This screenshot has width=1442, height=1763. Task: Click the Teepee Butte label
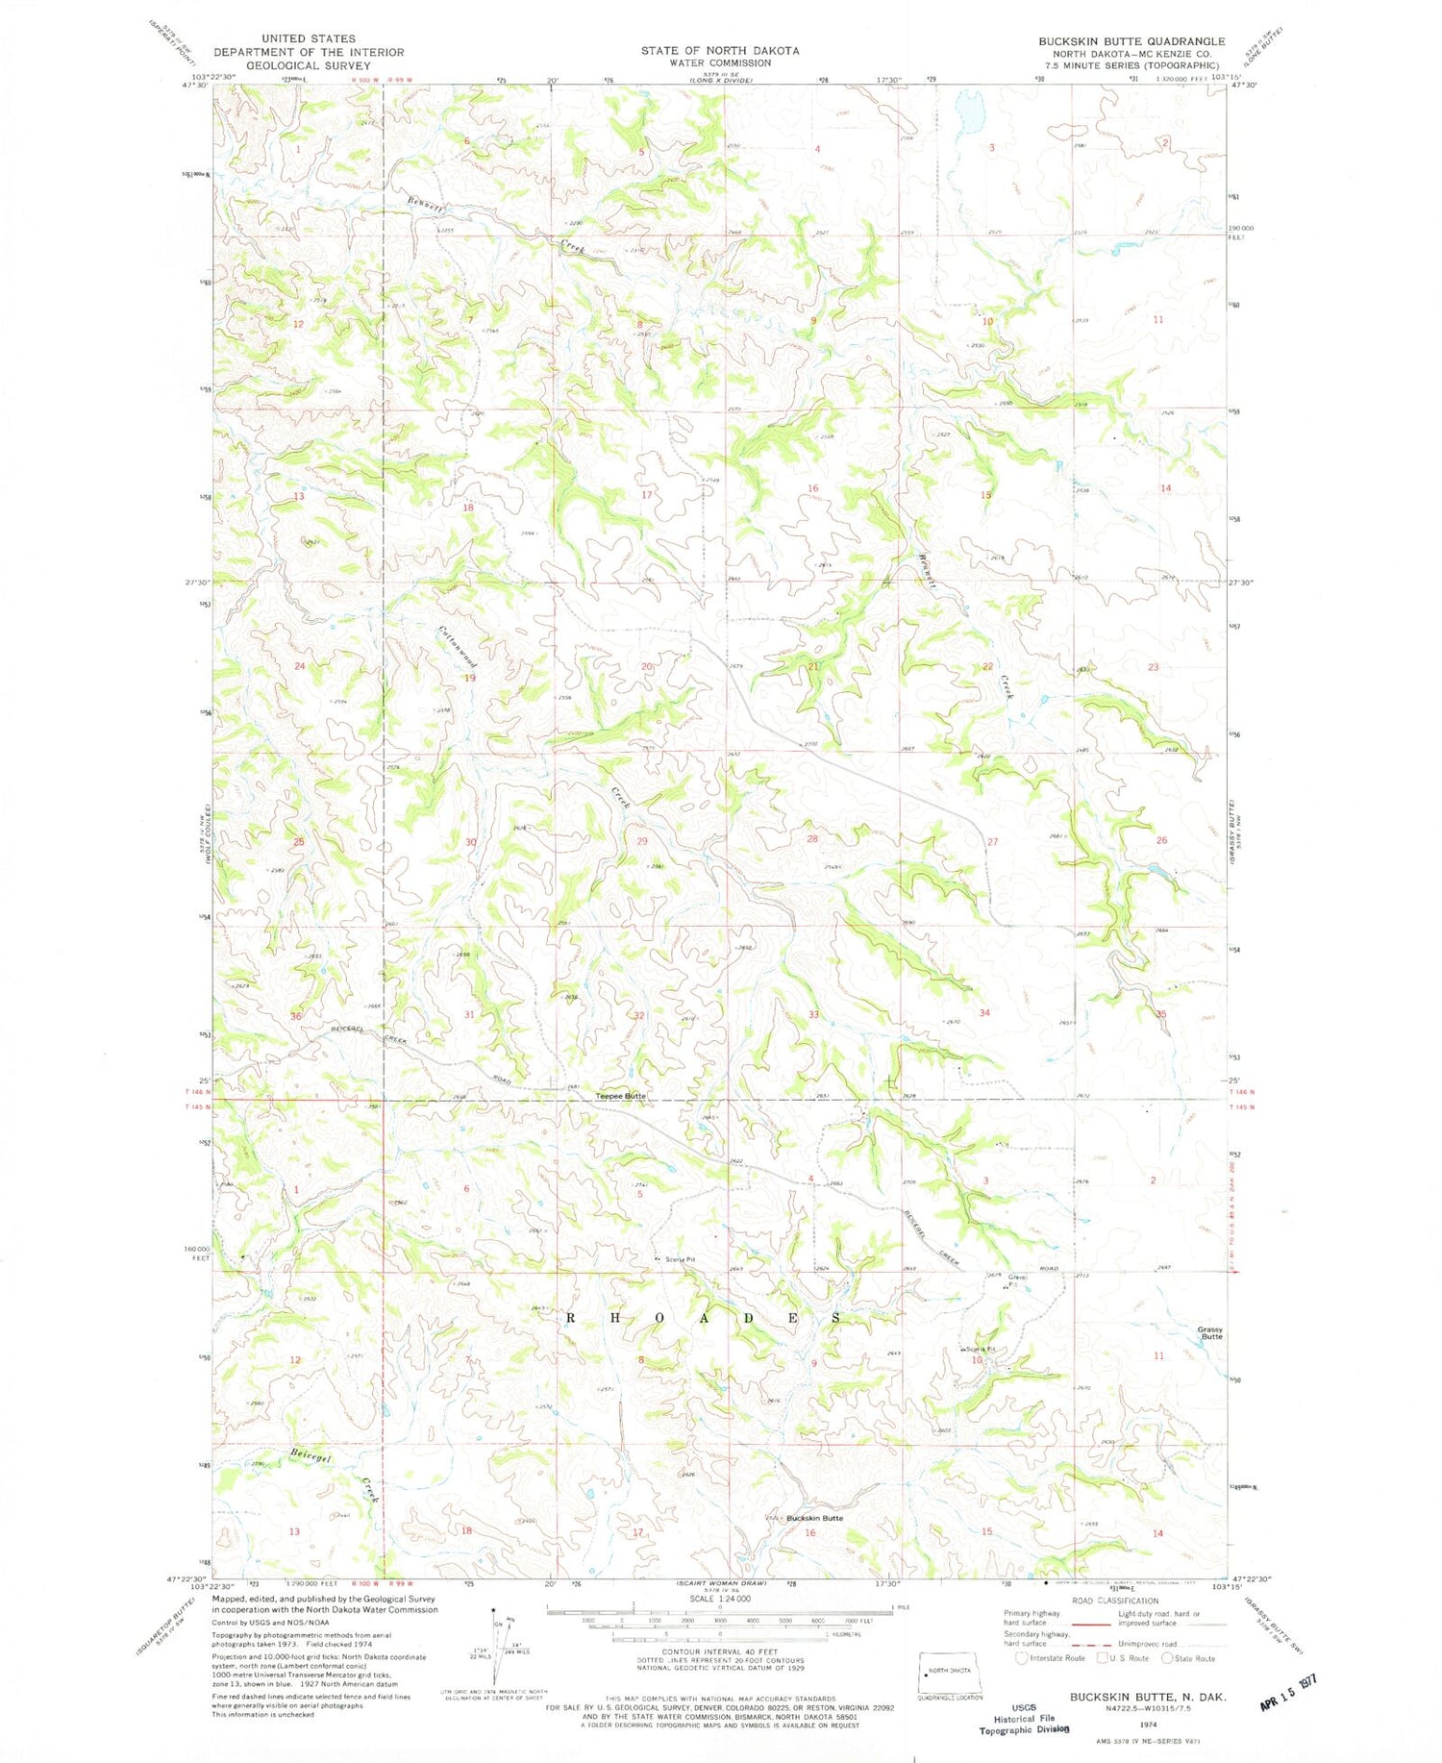(620, 1096)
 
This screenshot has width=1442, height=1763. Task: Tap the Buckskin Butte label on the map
(814, 1518)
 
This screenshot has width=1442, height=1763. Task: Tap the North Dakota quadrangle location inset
(950, 1672)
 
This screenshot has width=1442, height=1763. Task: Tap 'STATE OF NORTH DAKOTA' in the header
(720, 50)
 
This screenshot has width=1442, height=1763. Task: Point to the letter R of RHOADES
(571, 1319)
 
